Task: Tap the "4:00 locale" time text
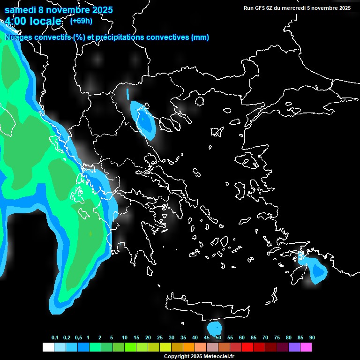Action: tap(33, 21)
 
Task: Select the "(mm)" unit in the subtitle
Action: tap(200, 37)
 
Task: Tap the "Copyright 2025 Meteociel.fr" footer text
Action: tap(199, 356)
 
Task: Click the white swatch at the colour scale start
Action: tap(48, 347)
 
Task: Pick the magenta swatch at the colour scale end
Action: tap(306, 347)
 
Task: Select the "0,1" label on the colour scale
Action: tap(55, 338)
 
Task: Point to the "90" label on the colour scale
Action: tap(312, 338)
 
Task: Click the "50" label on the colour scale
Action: tap(218, 338)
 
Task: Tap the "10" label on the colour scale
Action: tap(125, 338)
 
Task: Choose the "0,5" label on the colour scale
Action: tap(78, 338)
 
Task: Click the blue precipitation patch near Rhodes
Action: tap(319, 270)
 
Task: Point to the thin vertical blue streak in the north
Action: tap(127, 94)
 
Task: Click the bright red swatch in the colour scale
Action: tap(247, 347)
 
